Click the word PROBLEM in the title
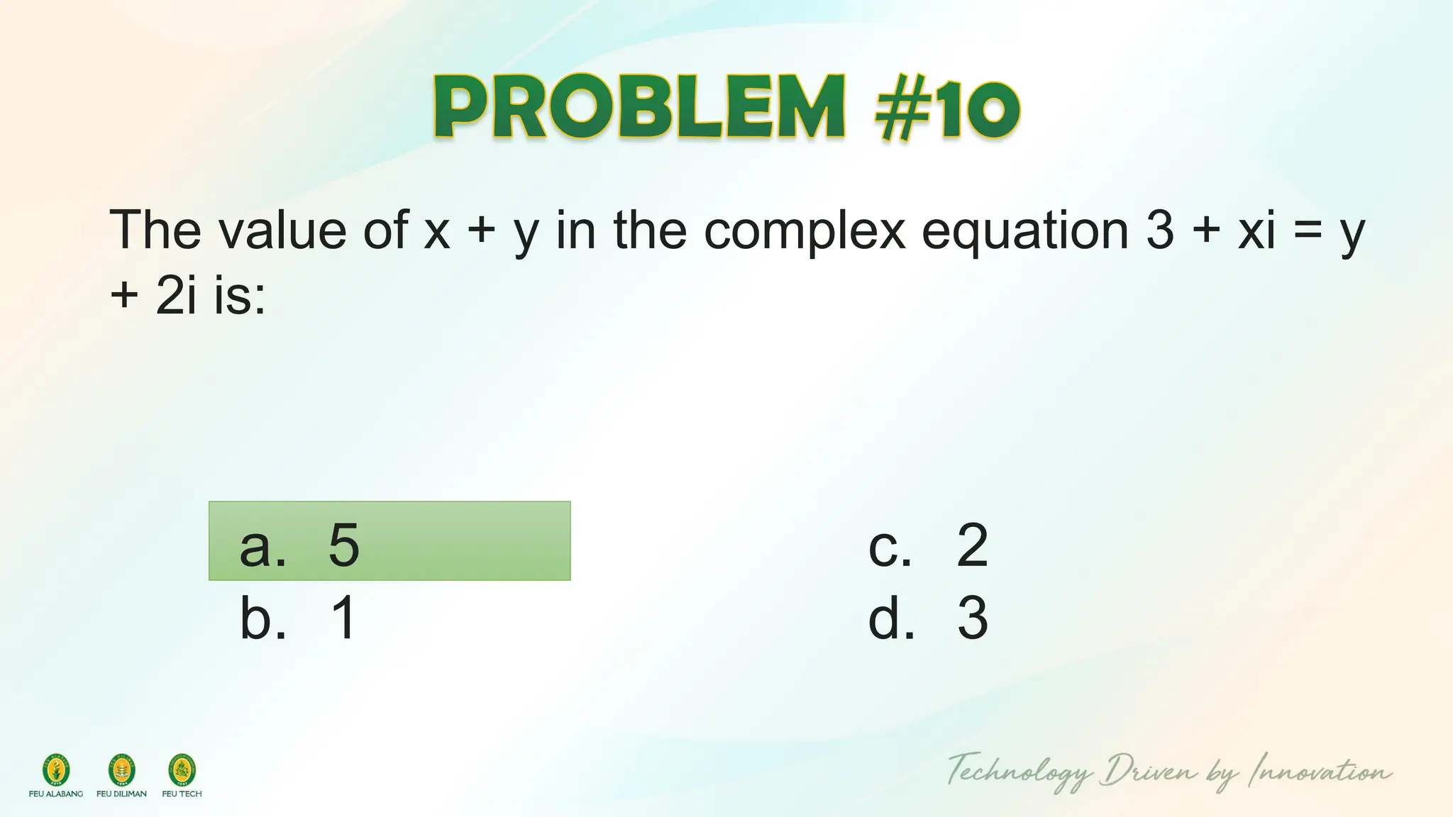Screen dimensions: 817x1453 click(639, 108)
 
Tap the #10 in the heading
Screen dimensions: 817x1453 click(946, 109)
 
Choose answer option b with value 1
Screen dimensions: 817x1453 click(298, 618)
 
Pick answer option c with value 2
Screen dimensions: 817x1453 click(927, 545)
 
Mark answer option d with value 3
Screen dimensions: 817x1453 click(927, 618)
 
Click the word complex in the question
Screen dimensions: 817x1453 click(805, 230)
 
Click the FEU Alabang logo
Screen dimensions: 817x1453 click(56, 771)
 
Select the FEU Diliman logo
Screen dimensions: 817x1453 click(121, 771)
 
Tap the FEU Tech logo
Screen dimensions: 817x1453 click(182, 771)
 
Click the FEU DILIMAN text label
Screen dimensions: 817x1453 click(121, 794)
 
